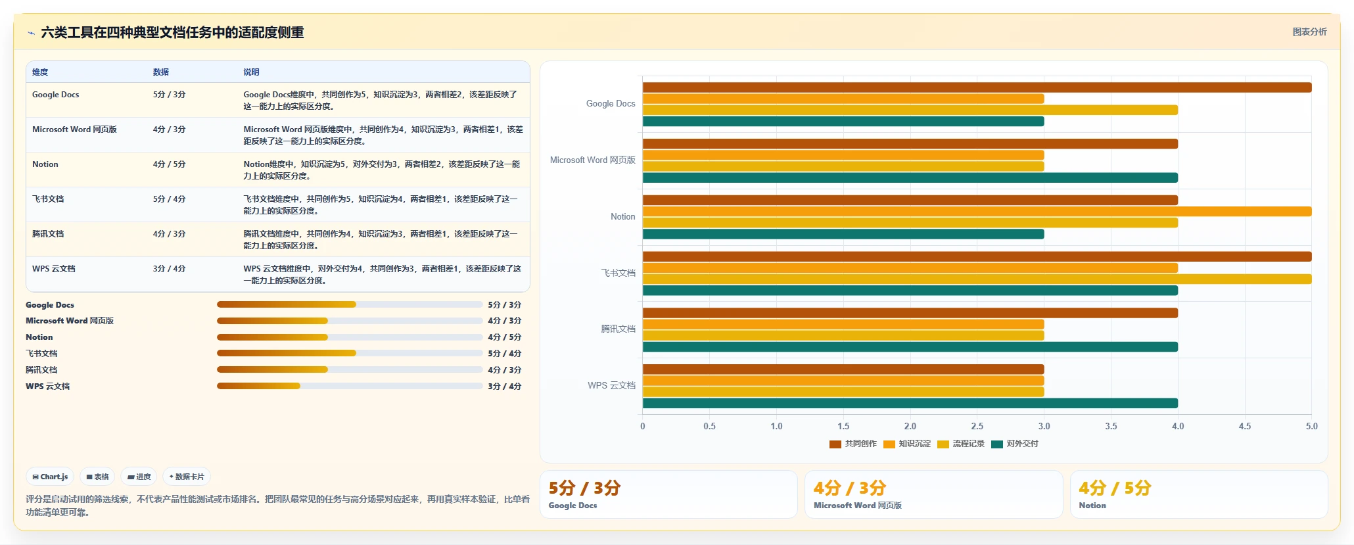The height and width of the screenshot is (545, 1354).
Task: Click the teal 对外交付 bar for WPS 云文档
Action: coord(910,403)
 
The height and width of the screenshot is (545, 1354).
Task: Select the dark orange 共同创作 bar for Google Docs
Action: coord(977,87)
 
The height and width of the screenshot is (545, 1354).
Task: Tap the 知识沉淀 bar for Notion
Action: coord(977,212)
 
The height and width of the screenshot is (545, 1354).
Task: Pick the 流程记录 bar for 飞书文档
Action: coord(977,279)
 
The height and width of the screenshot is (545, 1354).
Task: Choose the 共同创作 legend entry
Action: coord(853,444)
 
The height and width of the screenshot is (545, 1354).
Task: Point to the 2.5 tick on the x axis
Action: coord(977,426)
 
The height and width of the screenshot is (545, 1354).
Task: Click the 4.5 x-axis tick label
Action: coord(1245,426)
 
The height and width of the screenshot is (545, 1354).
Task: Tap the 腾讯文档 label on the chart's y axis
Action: coord(618,329)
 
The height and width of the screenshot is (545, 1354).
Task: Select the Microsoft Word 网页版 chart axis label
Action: coord(593,160)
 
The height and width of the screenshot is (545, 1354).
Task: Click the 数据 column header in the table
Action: coord(161,72)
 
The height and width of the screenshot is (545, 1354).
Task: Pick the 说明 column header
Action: coord(251,72)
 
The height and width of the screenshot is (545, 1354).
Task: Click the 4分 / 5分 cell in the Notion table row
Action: coord(170,164)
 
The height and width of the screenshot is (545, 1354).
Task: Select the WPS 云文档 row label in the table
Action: coord(54,269)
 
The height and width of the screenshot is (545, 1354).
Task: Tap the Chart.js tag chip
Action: coord(50,477)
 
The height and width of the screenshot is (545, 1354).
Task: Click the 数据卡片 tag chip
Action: coord(187,477)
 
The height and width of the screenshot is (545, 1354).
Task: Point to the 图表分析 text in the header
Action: coord(1309,32)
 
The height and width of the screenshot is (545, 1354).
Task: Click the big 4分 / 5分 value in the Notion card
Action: coord(1115,488)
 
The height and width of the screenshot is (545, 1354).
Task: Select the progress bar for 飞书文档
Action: coord(350,354)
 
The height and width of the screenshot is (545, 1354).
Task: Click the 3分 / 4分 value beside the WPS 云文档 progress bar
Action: coord(505,387)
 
